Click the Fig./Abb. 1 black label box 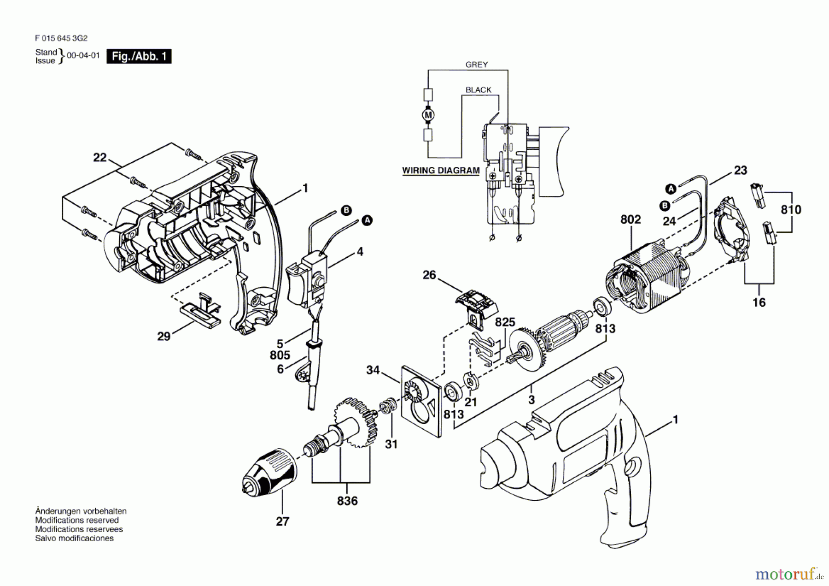click(139, 56)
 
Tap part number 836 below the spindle click(347, 501)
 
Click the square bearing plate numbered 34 click(420, 401)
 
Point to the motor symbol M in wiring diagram click(428, 115)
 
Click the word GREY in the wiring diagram click(476, 65)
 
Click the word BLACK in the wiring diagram click(478, 90)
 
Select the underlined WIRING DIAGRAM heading click(441, 171)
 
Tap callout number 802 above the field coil click(631, 219)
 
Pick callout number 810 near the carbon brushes click(791, 210)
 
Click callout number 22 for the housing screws click(100, 158)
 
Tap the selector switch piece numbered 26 click(477, 304)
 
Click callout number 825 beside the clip click(505, 322)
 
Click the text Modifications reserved click(77, 520)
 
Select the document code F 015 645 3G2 click(61, 38)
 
